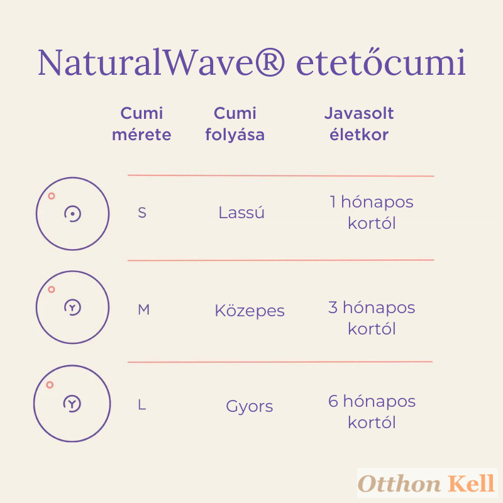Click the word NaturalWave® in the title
click(161, 62)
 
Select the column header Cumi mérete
click(141, 124)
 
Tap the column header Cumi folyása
click(235, 124)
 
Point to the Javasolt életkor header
click(359, 124)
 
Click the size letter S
click(142, 213)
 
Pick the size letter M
click(144, 310)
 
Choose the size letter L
click(142, 405)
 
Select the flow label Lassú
click(241, 212)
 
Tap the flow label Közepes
click(250, 310)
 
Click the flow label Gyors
click(250, 406)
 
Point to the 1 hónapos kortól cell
click(372, 213)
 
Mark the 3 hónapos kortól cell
click(372, 318)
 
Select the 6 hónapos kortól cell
click(372, 412)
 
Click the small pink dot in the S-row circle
click(52, 196)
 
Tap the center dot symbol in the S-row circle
click(72, 214)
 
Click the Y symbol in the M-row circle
click(72, 307)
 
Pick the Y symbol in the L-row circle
click(72, 403)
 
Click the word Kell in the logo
click(471, 483)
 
